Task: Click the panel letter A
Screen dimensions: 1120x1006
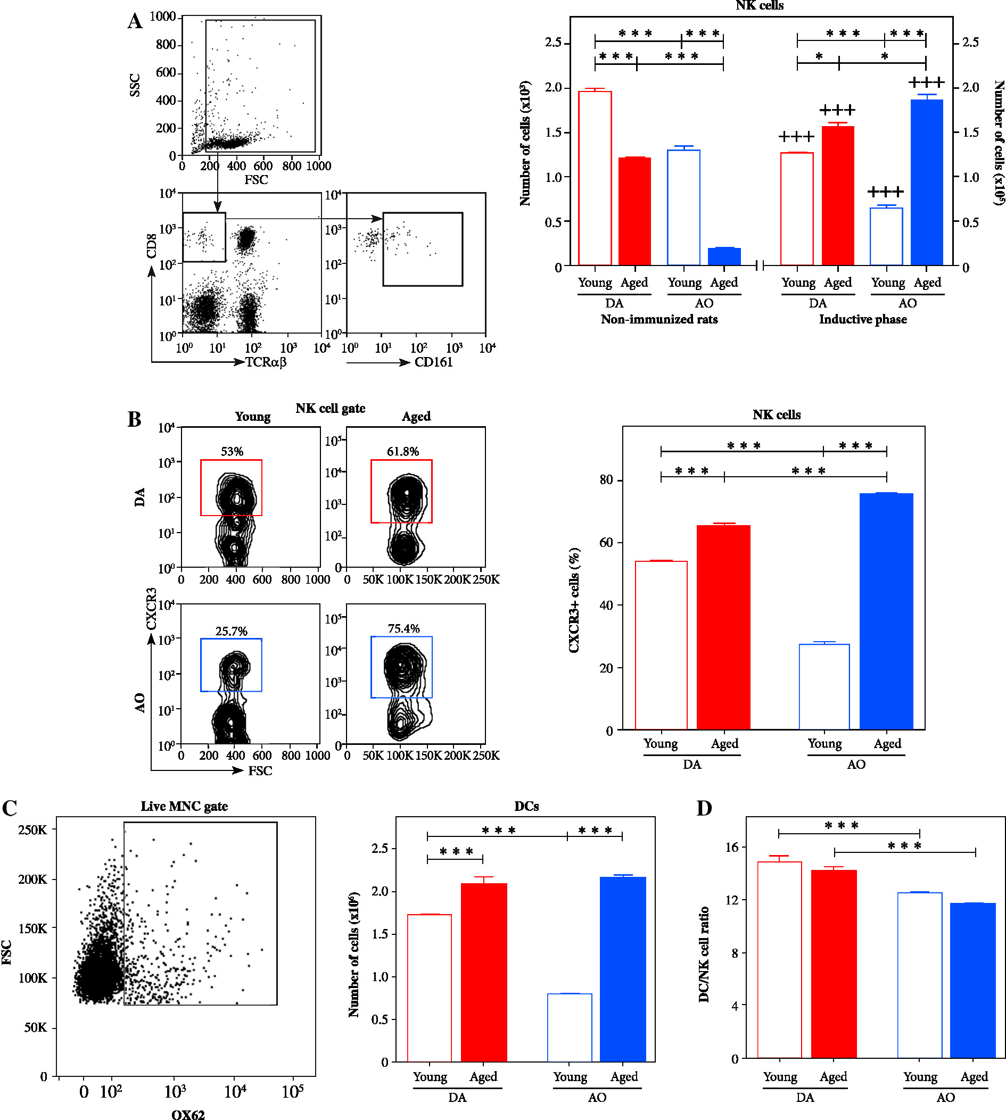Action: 135,21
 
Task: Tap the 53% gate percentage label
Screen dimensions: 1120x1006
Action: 232,451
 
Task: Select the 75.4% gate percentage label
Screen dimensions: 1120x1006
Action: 403,628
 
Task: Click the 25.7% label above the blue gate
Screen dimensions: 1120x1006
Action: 231,631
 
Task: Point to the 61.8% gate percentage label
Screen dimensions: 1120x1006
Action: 402,451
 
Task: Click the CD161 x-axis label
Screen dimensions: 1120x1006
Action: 433,362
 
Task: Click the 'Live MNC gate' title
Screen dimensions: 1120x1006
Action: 184,806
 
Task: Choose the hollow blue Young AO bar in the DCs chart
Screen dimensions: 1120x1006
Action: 570,1027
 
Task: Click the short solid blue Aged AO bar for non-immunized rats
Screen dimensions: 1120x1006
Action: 724,257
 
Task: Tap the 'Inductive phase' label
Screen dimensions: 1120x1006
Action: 862,319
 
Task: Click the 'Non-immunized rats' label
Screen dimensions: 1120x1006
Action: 659,319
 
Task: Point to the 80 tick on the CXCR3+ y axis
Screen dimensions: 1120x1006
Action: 606,479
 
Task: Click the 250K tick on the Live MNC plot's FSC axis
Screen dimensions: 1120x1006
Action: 32,829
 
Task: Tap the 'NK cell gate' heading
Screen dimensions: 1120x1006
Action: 330,408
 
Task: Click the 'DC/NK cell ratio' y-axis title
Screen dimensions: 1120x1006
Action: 704,953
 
